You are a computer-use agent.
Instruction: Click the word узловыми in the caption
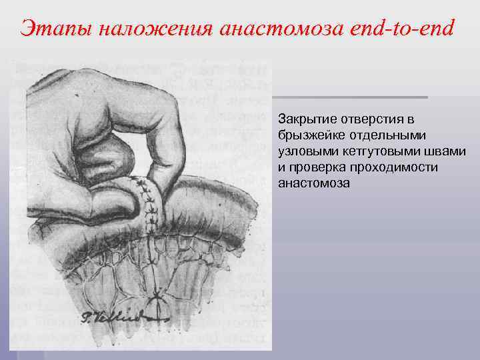click(303, 151)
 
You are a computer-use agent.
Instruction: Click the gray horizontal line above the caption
click(350, 97)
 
